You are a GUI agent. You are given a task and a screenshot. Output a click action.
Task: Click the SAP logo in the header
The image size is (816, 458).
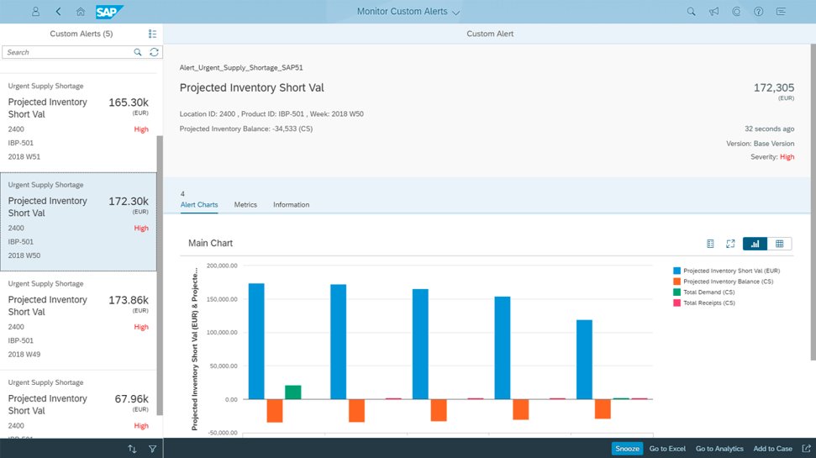click(x=109, y=12)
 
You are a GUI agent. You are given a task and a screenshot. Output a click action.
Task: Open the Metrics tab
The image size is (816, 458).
click(x=245, y=204)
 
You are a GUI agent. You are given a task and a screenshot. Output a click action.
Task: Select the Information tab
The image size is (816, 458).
click(x=291, y=204)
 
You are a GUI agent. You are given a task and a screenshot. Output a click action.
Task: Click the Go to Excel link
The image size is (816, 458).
click(x=667, y=449)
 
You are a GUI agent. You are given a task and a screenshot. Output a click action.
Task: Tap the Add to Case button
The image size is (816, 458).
click(x=773, y=449)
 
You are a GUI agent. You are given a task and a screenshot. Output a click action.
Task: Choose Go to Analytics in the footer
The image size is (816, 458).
click(x=719, y=449)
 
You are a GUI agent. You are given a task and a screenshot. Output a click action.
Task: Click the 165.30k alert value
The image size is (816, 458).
click(x=129, y=103)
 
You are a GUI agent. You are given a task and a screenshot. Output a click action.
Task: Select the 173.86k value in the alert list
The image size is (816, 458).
click(x=129, y=300)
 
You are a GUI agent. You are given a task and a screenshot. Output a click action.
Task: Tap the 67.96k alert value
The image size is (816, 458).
click(x=132, y=399)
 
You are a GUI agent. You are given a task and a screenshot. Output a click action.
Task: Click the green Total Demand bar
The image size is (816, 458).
click(x=293, y=392)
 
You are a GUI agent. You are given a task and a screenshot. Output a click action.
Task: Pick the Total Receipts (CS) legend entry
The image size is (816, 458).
click(x=704, y=303)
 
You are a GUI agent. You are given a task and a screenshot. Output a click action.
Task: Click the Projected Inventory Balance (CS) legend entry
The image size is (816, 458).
click(x=724, y=282)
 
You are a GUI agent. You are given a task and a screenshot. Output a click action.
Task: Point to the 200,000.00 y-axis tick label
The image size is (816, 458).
click(x=222, y=266)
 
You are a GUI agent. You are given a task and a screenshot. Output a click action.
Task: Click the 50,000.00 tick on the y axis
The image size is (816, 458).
click(x=224, y=366)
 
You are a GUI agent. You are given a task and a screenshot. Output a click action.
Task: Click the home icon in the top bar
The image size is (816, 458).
click(x=80, y=12)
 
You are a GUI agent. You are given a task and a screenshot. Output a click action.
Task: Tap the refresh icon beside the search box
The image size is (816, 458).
click(x=154, y=52)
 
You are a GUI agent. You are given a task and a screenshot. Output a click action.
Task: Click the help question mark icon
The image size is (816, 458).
click(x=758, y=12)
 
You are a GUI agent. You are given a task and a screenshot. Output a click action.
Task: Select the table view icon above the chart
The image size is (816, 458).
click(x=779, y=244)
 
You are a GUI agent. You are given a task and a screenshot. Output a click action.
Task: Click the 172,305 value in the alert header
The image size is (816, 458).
click(x=774, y=88)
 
